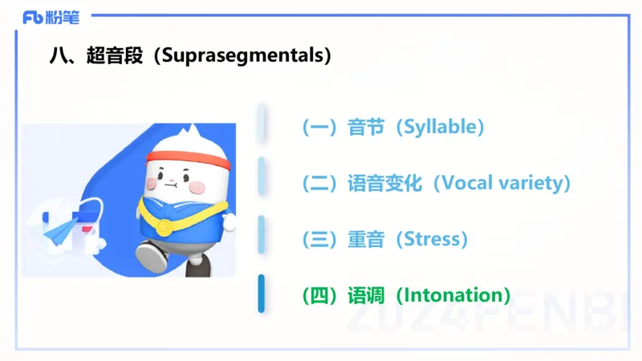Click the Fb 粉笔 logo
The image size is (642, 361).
51,17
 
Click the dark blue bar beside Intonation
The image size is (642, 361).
262,294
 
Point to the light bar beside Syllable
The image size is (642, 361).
262,124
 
